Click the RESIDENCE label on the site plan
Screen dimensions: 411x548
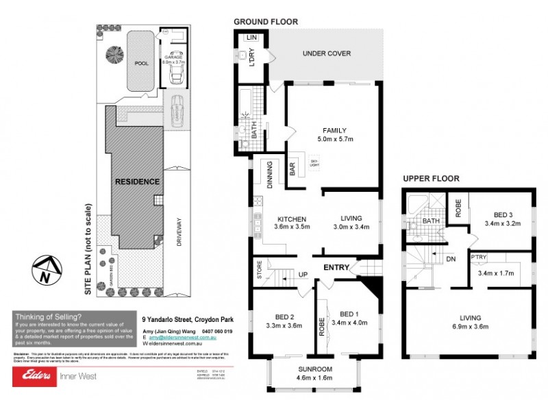(137, 182)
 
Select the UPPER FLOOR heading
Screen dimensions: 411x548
(430, 179)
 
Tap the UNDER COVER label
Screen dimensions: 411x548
(327, 53)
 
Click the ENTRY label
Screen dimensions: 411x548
(336, 267)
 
